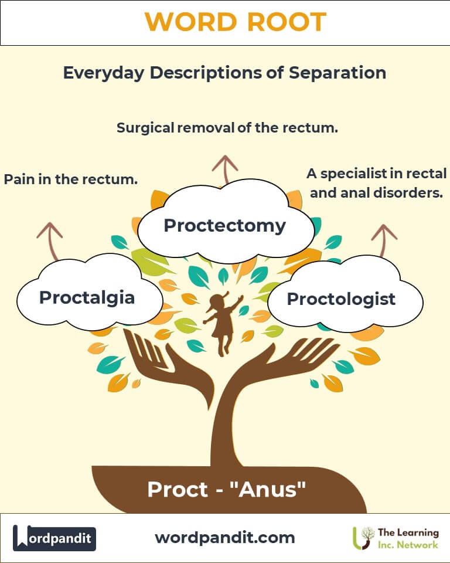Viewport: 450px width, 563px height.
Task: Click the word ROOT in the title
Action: tap(287, 22)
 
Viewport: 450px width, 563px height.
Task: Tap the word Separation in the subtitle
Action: tap(337, 73)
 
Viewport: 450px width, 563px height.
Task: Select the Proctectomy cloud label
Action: tap(224, 226)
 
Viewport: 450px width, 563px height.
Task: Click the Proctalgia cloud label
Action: tap(87, 298)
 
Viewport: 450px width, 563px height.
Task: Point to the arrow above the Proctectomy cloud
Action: tap(225, 169)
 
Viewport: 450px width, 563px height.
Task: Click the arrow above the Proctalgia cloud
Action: tap(51, 240)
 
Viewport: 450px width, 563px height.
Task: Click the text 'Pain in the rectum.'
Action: tap(71, 179)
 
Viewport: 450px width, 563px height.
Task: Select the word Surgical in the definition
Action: tap(146, 128)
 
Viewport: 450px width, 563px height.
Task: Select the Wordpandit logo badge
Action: tap(54, 538)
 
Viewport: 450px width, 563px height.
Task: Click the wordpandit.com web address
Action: tap(225, 538)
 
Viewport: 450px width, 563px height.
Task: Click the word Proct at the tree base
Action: tap(178, 489)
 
